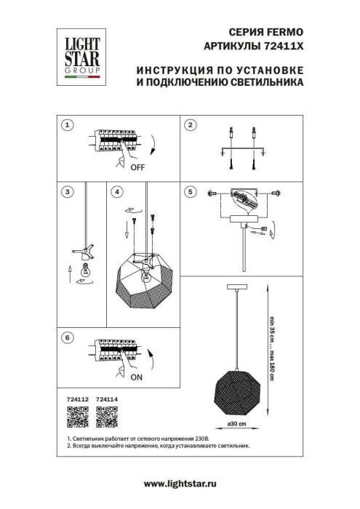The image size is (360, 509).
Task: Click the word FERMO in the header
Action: (286, 33)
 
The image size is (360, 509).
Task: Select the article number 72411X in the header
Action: (284, 47)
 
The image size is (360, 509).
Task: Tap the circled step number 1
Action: (68, 125)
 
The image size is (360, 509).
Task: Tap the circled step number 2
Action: (191, 125)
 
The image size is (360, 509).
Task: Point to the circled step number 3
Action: (68, 192)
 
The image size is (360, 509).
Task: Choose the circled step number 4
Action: (117, 192)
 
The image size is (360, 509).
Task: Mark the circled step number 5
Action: (191, 192)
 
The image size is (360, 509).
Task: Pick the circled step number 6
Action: (68, 337)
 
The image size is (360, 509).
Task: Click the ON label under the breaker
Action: (137, 379)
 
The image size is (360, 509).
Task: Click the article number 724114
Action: (106, 399)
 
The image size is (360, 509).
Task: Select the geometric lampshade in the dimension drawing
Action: (235, 388)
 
